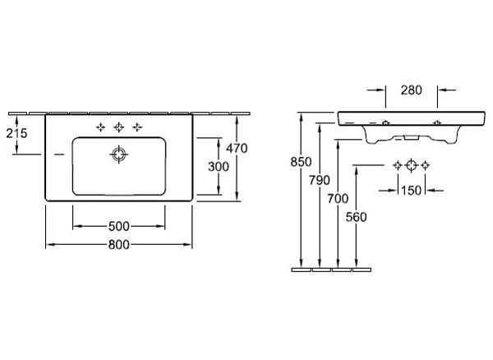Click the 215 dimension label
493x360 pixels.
click(16, 133)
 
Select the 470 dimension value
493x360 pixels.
click(237, 148)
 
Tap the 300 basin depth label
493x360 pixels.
click(219, 167)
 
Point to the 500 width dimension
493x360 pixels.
click(119, 226)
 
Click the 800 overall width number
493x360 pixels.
click(119, 244)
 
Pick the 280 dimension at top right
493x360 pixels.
click(412, 90)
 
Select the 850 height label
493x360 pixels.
click(301, 162)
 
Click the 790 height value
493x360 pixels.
click(320, 180)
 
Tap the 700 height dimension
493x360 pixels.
click(338, 198)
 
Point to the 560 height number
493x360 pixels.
click(357, 217)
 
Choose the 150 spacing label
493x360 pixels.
click(412, 190)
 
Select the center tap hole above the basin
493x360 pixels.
click(119, 127)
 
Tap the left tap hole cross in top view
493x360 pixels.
click(100, 127)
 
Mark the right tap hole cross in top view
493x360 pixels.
click(137, 127)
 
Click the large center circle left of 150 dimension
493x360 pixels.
click(412, 165)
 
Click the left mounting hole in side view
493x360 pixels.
click(386, 122)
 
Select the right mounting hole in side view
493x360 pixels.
click(437, 122)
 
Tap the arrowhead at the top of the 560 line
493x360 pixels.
click(357, 167)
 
